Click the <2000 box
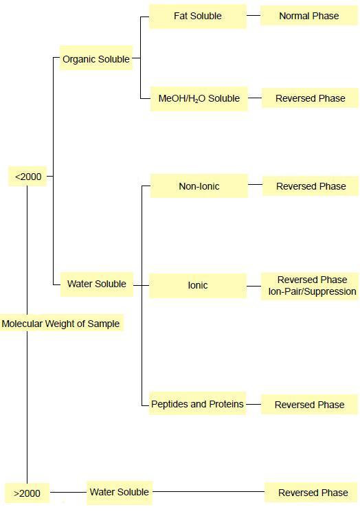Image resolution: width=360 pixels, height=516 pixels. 27,177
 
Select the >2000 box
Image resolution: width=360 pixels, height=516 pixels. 27,493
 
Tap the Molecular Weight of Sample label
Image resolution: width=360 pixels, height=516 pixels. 61,324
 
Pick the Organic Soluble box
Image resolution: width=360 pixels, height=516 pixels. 96,58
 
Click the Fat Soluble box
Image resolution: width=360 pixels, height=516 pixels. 198,16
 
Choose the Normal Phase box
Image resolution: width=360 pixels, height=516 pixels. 309,16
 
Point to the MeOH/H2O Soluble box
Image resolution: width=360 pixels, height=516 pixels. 199,98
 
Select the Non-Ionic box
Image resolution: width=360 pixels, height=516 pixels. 199,186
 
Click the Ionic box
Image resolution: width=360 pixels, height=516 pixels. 198,285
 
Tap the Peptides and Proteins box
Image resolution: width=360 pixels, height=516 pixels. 197,404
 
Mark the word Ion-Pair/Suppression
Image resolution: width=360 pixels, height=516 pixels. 313,291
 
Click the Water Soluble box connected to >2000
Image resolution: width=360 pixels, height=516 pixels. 120,493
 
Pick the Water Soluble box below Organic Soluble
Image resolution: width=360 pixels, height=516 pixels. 97,284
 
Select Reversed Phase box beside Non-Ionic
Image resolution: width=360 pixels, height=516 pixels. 311,186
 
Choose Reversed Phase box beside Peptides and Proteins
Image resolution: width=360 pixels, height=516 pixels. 309,405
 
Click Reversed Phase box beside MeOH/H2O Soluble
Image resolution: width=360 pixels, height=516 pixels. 310,98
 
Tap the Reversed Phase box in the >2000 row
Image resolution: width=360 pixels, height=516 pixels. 311,493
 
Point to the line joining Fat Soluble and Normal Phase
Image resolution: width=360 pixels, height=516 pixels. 254,16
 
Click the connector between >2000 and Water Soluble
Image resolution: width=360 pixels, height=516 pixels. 68,493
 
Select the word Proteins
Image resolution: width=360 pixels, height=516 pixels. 227,404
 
